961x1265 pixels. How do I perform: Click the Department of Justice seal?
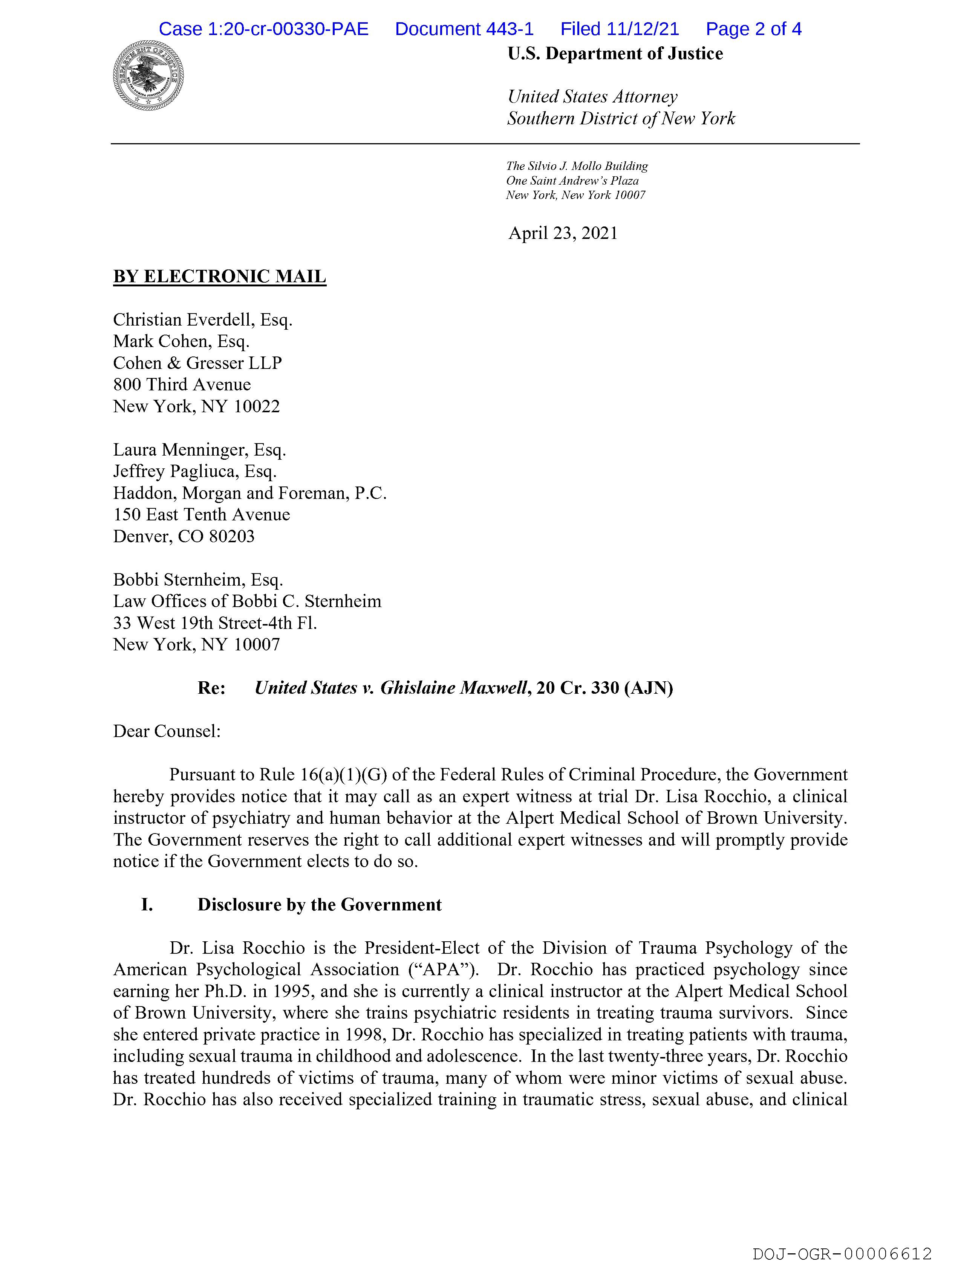(x=148, y=75)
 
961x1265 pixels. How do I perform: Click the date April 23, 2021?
(x=563, y=233)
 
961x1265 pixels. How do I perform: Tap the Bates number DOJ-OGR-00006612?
(x=842, y=1249)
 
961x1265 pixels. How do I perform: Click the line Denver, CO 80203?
(x=184, y=537)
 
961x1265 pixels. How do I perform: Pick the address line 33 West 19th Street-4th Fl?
(x=215, y=623)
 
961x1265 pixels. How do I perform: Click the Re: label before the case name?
(x=212, y=688)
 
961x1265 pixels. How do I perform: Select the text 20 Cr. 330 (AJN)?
(x=605, y=688)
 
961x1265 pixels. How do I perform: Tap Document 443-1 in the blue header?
(x=464, y=29)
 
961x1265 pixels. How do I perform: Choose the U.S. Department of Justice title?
(x=615, y=54)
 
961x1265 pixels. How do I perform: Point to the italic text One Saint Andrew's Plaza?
(x=572, y=181)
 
